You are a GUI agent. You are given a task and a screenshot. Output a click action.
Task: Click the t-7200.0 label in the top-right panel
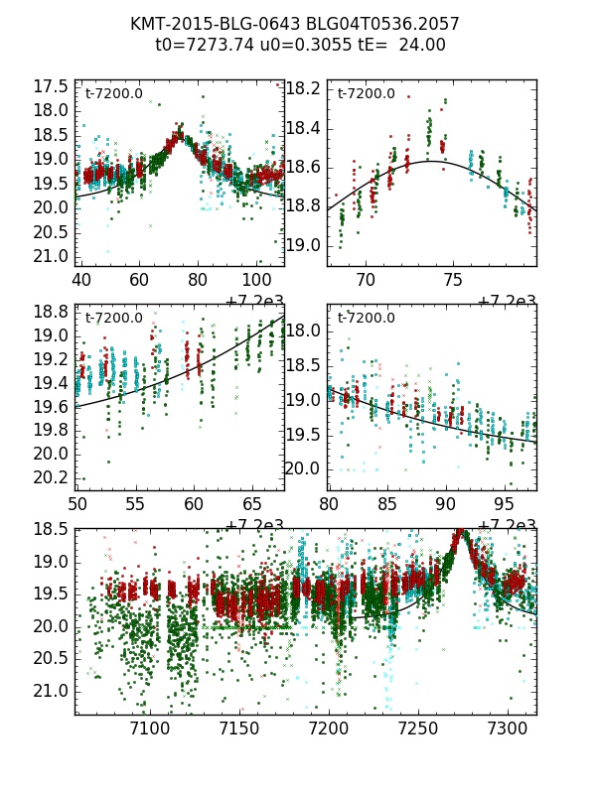click(x=366, y=94)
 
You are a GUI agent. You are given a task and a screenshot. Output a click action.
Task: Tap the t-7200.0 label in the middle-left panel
click(x=113, y=319)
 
